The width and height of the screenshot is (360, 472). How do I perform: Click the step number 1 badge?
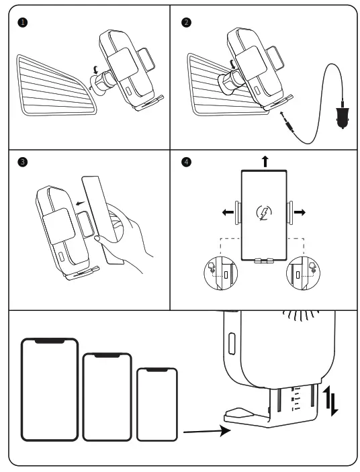pyautogui.click(x=23, y=22)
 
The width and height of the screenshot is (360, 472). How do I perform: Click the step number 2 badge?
pyautogui.click(x=186, y=22)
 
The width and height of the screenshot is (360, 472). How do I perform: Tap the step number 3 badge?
pyautogui.click(x=23, y=162)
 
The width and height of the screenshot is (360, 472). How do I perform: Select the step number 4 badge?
pyautogui.click(x=186, y=162)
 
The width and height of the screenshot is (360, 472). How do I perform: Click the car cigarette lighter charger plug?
pyautogui.click(x=343, y=115)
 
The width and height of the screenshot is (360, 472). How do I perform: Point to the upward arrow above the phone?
pyautogui.click(x=265, y=161)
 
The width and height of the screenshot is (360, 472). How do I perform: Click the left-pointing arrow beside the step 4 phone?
pyautogui.click(x=228, y=213)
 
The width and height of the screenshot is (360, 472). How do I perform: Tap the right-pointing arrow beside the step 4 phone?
pyautogui.click(x=300, y=213)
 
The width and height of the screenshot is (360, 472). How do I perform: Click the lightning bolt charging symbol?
pyautogui.click(x=264, y=213)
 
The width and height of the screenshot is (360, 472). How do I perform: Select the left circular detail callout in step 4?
pyautogui.click(x=221, y=273)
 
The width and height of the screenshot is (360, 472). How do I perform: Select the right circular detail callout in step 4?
pyautogui.click(x=303, y=273)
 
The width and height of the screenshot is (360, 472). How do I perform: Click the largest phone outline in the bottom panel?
pyautogui.click(x=50, y=389)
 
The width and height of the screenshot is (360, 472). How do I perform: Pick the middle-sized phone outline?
pyautogui.click(x=107, y=397)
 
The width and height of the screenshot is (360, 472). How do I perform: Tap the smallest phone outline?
pyautogui.click(x=157, y=404)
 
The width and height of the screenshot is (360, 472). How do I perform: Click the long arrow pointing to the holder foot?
pyautogui.click(x=207, y=431)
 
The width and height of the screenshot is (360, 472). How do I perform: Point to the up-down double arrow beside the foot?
pyautogui.click(x=331, y=402)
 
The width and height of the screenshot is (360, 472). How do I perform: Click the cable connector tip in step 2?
pyautogui.click(x=287, y=122)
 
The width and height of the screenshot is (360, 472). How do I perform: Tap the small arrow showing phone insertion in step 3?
pyautogui.click(x=81, y=203)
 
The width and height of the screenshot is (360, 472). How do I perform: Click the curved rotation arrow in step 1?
pyautogui.click(x=96, y=70)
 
